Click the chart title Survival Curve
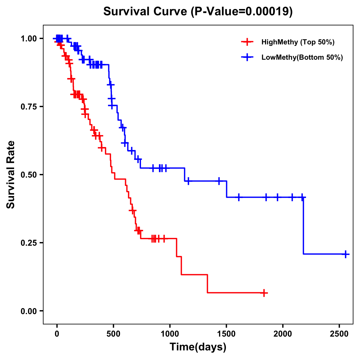[x=145, y=12]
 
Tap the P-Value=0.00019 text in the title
[x=242, y=12]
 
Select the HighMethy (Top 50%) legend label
[x=298, y=42]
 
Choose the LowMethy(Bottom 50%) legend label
[x=302, y=58]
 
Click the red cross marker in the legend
[x=247, y=42]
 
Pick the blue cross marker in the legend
[x=247, y=58]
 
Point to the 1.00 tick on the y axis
[x=29, y=38]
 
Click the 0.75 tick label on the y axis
[x=29, y=106]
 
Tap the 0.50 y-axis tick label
[x=29, y=175]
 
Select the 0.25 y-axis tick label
[x=29, y=243]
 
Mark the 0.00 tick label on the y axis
[x=29, y=311]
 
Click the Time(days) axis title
[x=198, y=347]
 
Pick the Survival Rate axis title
[x=11, y=175]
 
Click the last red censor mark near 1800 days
[x=264, y=293]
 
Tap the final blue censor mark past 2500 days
[x=345, y=254]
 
